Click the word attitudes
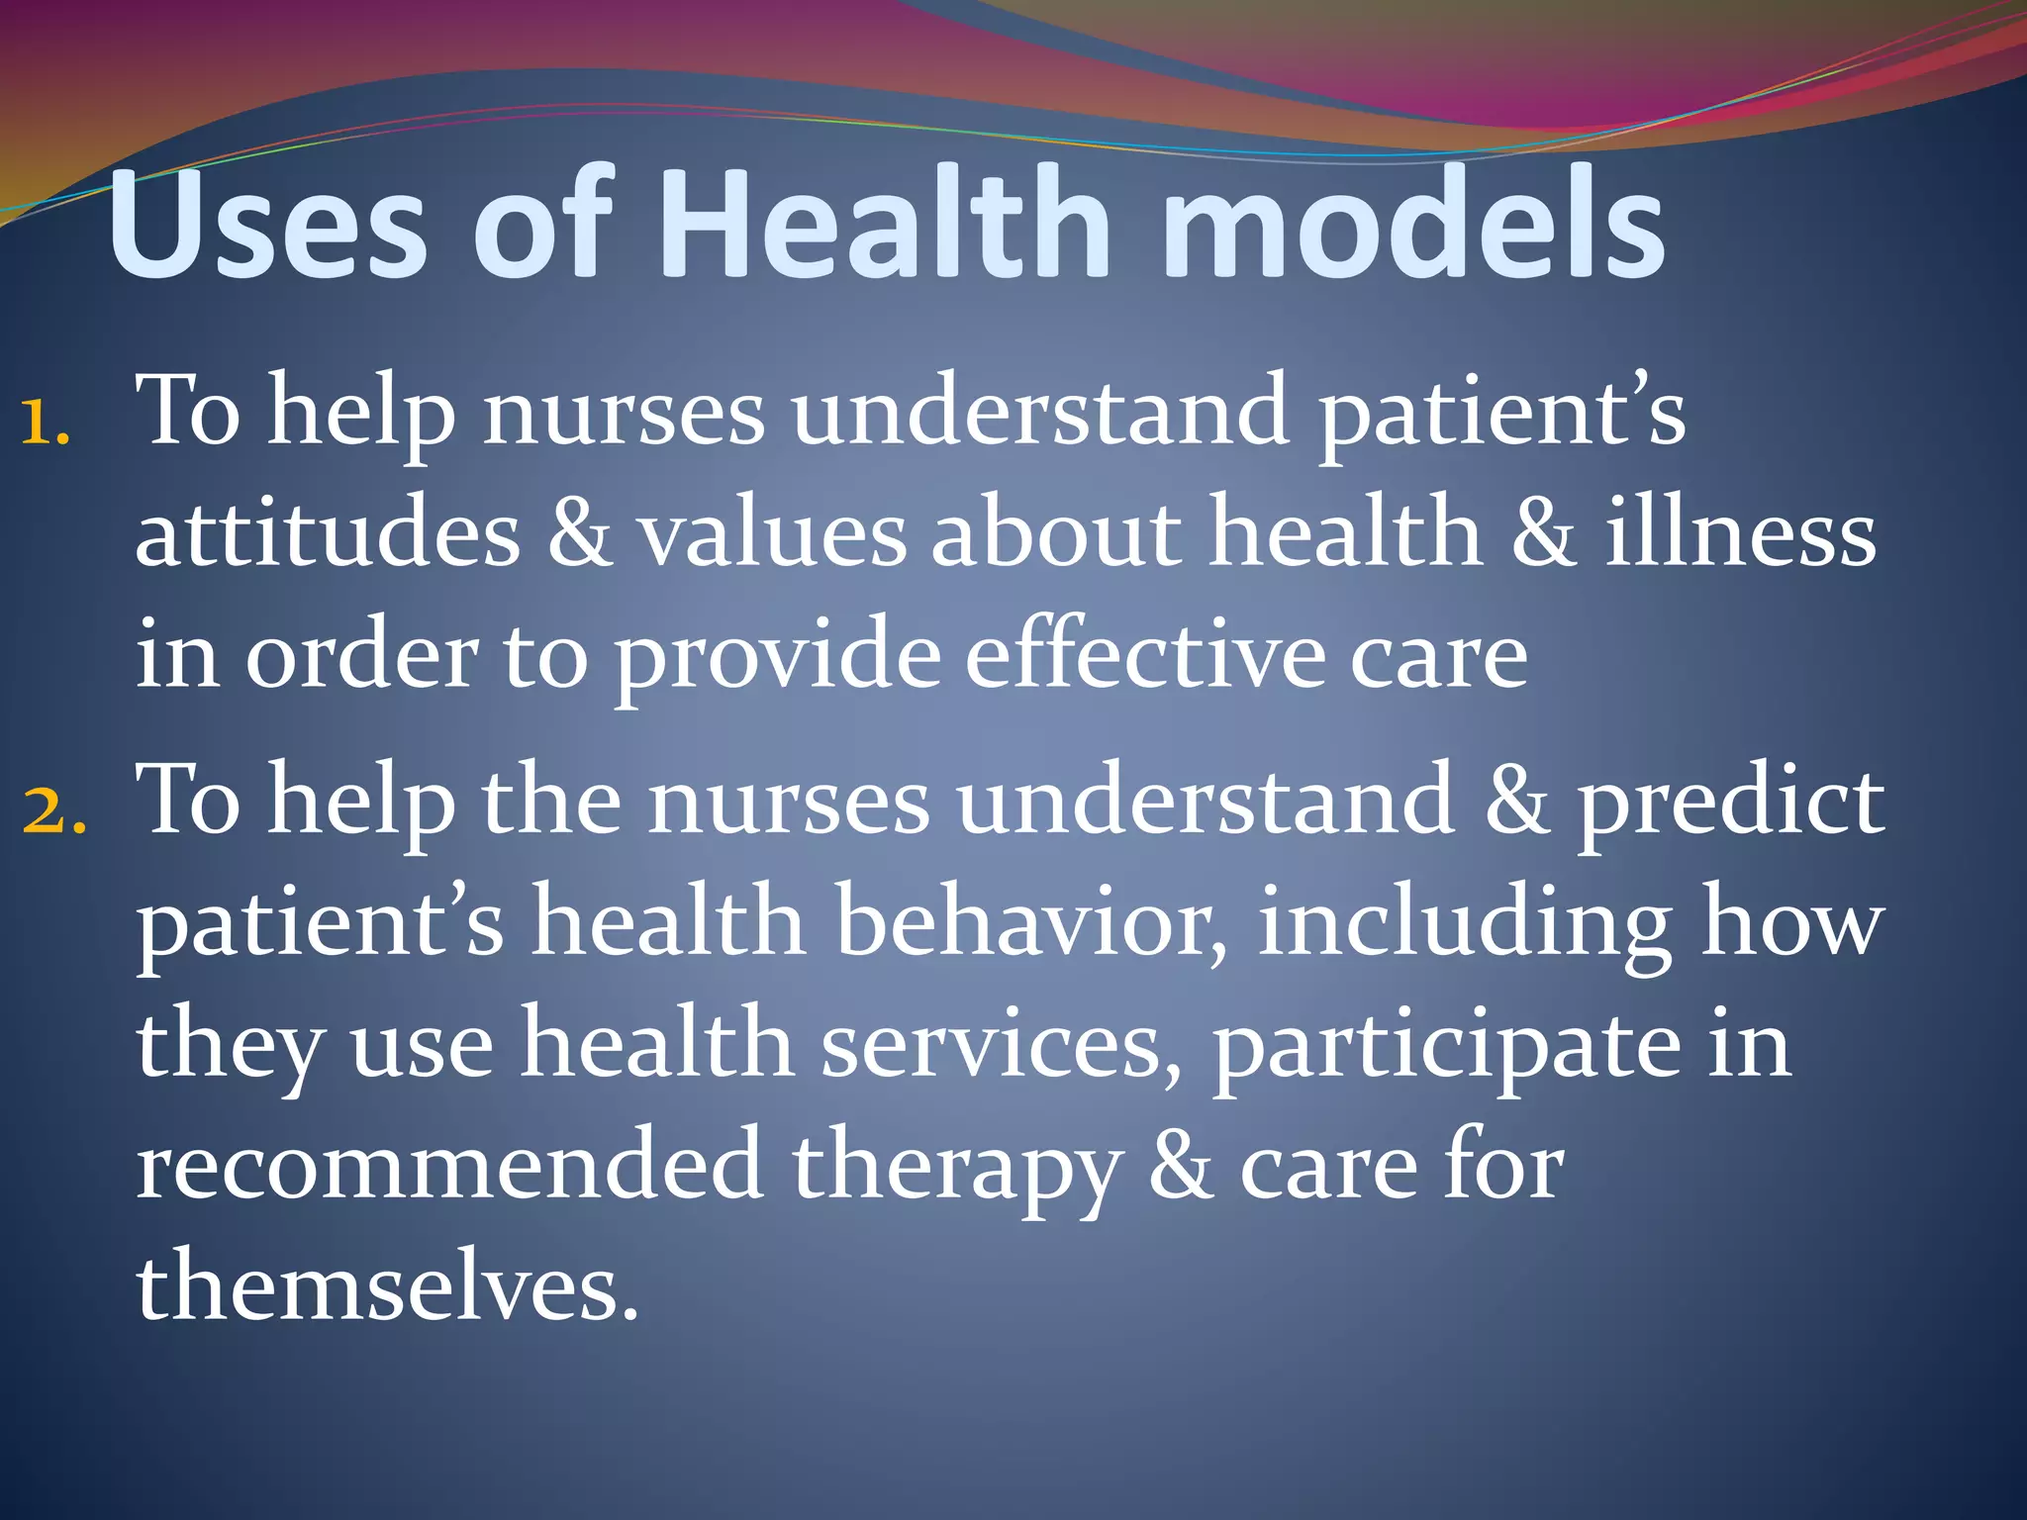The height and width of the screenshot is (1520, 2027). [x=328, y=533]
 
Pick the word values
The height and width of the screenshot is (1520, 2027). [x=771, y=533]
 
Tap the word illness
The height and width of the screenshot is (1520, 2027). [x=1740, y=533]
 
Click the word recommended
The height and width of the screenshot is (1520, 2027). [x=448, y=1166]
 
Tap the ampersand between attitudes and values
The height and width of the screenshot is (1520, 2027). [x=579, y=533]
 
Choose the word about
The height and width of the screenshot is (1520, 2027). [x=1057, y=533]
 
